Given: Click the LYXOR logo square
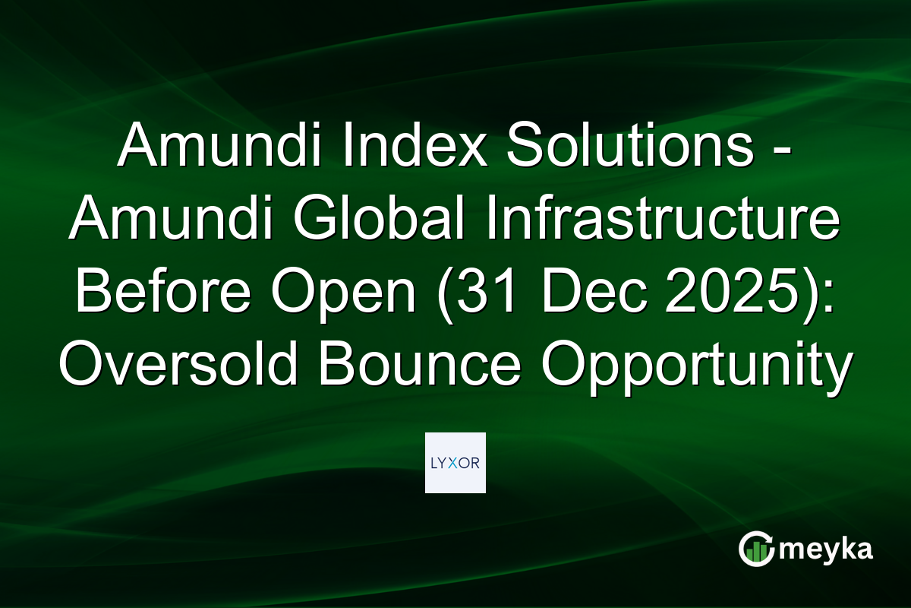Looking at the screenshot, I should tap(455, 463).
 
